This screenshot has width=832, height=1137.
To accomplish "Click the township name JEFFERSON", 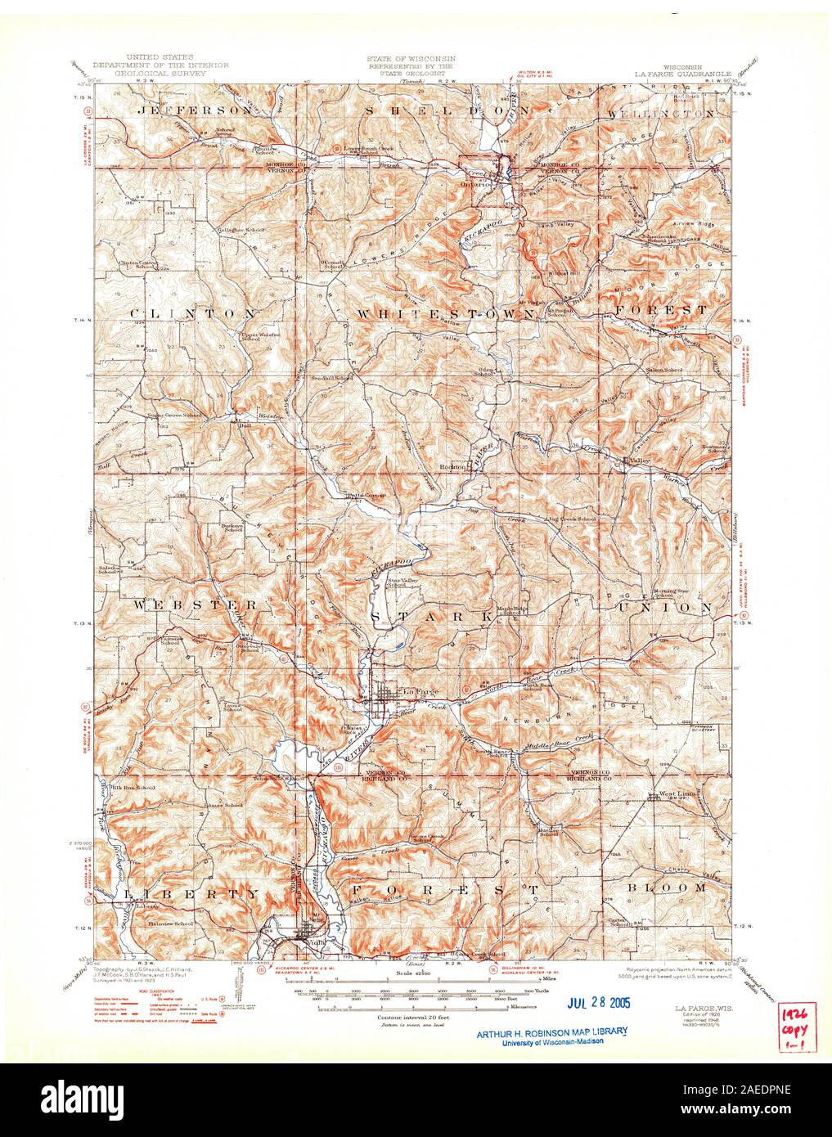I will pyautogui.click(x=184, y=110).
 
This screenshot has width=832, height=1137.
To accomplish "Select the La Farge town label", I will pyautogui.click(x=420, y=692).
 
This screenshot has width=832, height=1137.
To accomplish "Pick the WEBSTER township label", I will pyautogui.click(x=193, y=604).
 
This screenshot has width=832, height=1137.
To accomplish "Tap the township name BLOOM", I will pyautogui.click(x=677, y=887).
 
